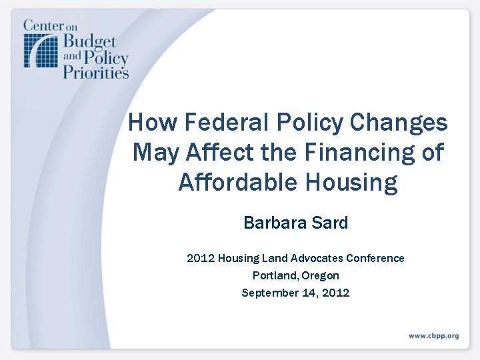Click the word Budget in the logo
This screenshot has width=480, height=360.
pyautogui.click(x=89, y=41)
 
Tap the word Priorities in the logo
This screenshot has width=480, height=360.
pyautogui.click(x=95, y=71)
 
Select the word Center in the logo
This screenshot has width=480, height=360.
pyautogui.click(x=46, y=26)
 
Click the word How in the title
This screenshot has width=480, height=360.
pyautogui.click(x=151, y=123)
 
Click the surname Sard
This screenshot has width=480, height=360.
pyautogui.click(x=331, y=223)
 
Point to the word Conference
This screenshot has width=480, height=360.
pyautogui.click(x=375, y=258)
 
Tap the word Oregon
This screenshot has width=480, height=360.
pyautogui.click(x=320, y=275)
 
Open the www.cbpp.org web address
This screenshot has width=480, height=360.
pyautogui.click(x=433, y=336)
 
